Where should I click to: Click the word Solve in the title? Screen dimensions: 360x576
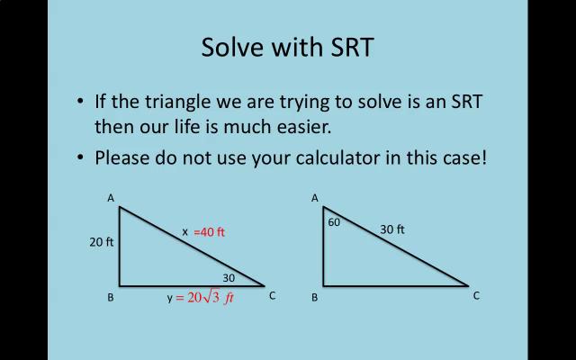[229, 47]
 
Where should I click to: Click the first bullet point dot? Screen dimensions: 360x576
[82, 101]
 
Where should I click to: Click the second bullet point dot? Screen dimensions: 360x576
[82, 157]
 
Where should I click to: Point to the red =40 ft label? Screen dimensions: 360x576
[209, 232]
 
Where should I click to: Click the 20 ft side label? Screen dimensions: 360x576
[102, 241]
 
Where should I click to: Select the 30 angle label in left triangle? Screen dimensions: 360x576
[229, 278]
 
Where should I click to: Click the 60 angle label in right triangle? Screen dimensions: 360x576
[334, 221]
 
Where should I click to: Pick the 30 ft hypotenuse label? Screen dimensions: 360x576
[392, 229]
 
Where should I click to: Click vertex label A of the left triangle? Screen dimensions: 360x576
[111, 198]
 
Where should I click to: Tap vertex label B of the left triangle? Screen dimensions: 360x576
[111, 297]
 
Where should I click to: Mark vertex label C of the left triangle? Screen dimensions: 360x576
[272, 295]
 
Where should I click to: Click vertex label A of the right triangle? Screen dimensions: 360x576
[315, 198]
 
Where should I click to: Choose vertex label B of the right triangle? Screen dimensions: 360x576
[315, 297]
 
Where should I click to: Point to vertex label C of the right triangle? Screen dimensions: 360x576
[476, 295]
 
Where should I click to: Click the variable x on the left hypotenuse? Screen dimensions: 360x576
[185, 231]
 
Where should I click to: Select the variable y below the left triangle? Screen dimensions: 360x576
[169, 298]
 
